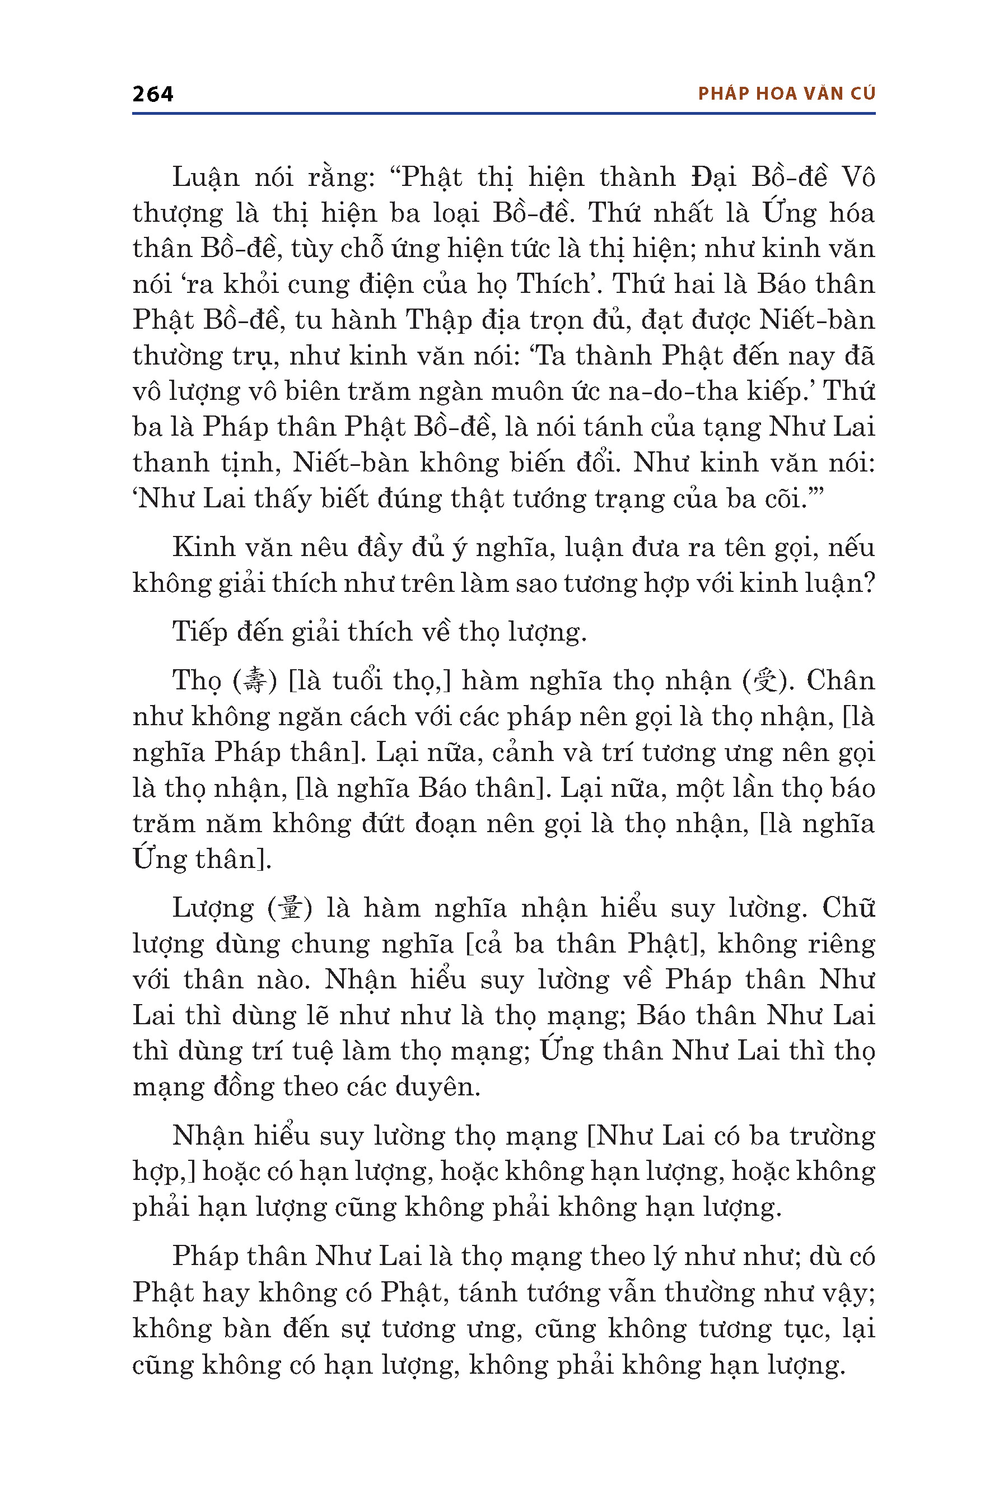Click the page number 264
[152, 95]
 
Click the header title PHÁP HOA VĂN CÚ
[786, 94]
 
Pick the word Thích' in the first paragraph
[554, 284]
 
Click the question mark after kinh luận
[868, 584]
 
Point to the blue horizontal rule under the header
[503, 114]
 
